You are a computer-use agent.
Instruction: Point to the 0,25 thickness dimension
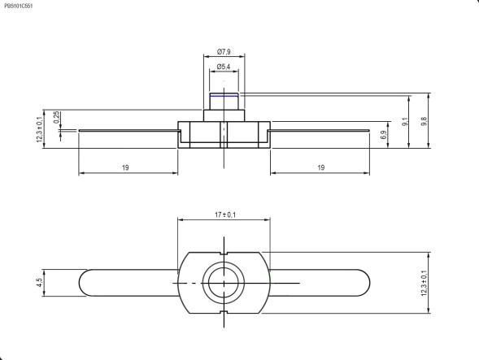pos(56,118)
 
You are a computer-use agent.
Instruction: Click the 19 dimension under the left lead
pos(126,167)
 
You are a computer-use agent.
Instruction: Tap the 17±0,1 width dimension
pos(224,215)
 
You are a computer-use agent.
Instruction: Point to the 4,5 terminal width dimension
pos(40,282)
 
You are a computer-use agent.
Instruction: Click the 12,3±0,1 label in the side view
pos(39,128)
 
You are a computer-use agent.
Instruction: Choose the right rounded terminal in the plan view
pos(321,282)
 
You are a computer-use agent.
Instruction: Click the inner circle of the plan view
pos(223,282)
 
